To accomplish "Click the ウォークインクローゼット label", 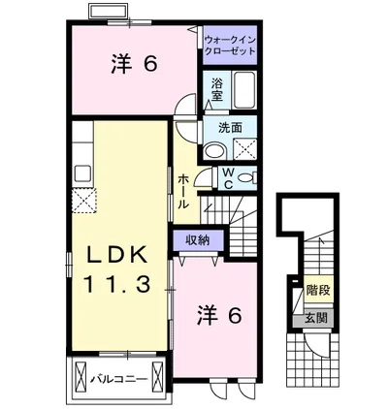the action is click(230, 46).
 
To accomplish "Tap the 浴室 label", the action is click(217, 89).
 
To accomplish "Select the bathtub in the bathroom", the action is click(244, 90).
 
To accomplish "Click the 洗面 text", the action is click(230, 128).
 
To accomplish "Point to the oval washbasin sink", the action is click(215, 151).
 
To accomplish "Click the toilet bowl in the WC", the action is click(245, 177).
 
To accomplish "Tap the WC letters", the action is click(229, 178).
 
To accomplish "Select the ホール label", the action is click(183, 191).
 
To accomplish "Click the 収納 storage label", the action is click(198, 240).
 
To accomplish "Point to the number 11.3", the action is click(117, 285).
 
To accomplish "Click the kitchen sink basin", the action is click(82, 173).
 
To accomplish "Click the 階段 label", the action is click(318, 290).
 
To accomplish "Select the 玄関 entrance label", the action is click(315, 318).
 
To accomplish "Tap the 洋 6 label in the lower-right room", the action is click(219, 315).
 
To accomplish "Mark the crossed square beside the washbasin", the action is click(244, 149).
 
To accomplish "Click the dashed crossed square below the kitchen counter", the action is click(83, 201).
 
